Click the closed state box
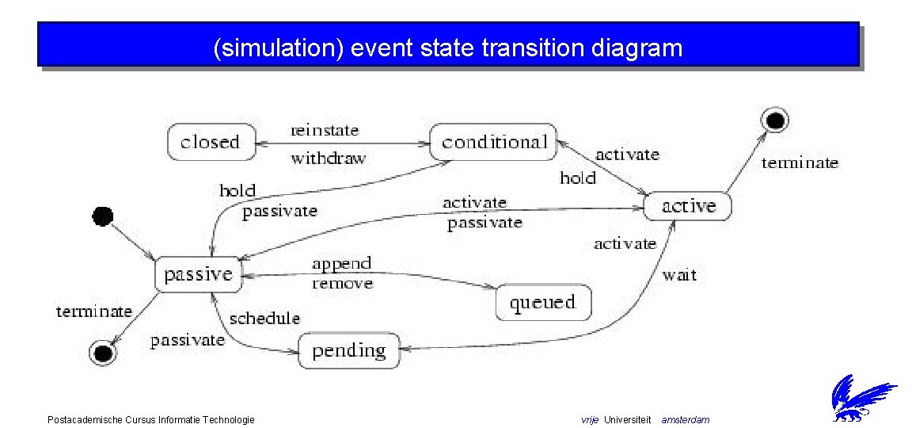tap(211, 143)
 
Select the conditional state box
tap(494, 142)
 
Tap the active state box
tap(687, 206)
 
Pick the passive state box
tap(198, 274)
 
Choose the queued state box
tap(542, 302)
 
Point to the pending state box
tap(348, 350)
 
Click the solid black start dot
tap(103, 215)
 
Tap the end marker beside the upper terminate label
tap(774, 120)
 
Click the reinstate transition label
tap(325, 130)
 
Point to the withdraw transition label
tap(328, 158)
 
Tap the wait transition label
tap(679, 275)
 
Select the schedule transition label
tap(264, 318)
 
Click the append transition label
tap(341, 263)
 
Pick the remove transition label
tap(342, 283)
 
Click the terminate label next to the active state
tap(800, 163)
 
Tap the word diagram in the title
tap(636, 48)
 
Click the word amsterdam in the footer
tap(686, 419)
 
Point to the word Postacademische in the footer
tap(85, 419)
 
